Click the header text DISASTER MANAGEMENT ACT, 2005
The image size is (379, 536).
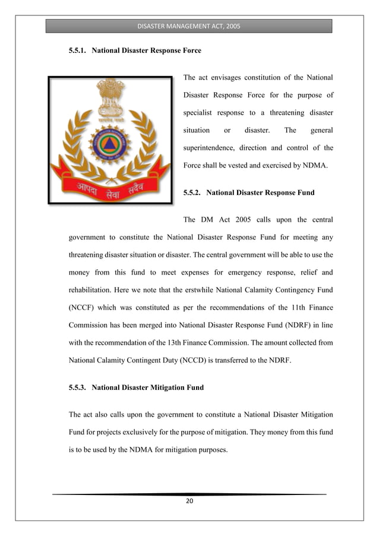click(189, 26)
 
